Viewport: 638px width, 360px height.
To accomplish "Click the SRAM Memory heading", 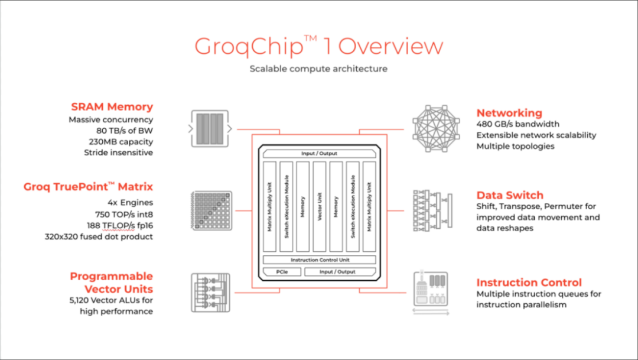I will pyautogui.click(x=112, y=107).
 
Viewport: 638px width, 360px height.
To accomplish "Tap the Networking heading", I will pyautogui.click(x=509, y=113).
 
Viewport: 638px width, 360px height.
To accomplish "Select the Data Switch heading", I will pyautogui.click(x=510, y=195).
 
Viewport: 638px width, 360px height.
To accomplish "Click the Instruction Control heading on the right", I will pyautogui.click(x=529, y=283).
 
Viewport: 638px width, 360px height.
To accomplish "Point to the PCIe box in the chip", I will pyautogui.click(x=281, y=272).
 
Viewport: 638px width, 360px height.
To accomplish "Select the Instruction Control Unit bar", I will pyautogui.click(x=319, y=260).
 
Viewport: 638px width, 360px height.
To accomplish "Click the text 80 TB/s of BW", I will pyautogui.click(x=124, y=131).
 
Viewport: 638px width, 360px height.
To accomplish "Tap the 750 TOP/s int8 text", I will pyautogui.click(x=123, y=214).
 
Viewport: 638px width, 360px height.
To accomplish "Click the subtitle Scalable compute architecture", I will pyautogui.click(x=318, y=69).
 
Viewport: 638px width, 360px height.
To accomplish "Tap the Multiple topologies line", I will pyautogui.click(x=515, y=146).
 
